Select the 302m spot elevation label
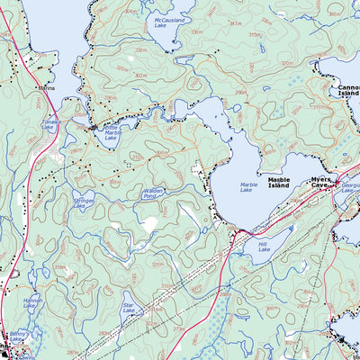pyautogui.click(x=140, y=76)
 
